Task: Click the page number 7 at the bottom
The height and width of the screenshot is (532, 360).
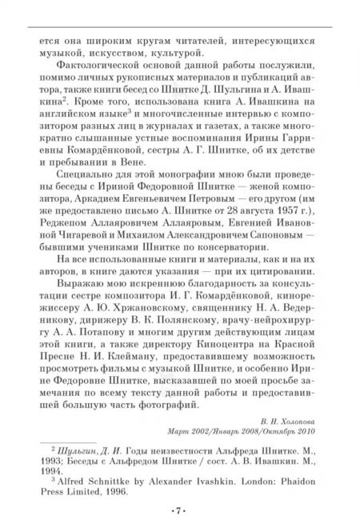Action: (x=178, y=509)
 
